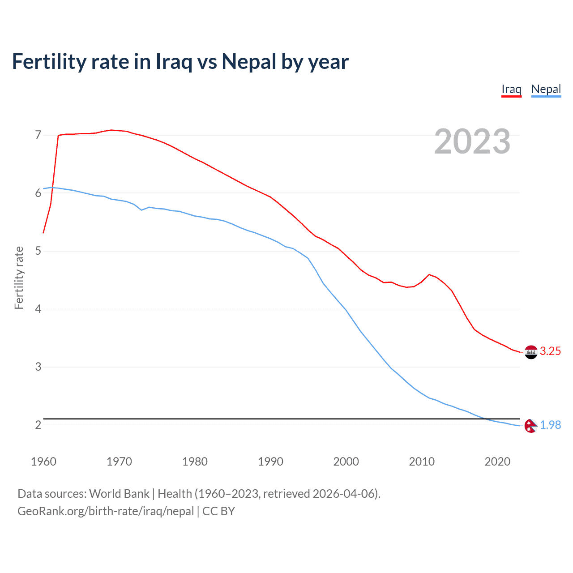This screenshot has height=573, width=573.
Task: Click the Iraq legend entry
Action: (x=511, y=89)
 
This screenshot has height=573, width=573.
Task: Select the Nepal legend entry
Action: (x=546, y=89)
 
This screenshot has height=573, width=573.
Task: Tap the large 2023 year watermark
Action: (x=472, y=141)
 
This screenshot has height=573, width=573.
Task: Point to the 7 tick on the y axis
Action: (x=38, y=135)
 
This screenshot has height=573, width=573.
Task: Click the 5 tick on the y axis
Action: (x=38, y=251)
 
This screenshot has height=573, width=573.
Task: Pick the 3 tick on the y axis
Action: (x=38, y=367)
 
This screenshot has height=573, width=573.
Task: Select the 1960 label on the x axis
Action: (x=43, y=462)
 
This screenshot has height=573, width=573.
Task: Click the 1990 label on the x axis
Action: (x=270, y=462)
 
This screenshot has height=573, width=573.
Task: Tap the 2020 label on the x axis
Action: (x=497, y=462)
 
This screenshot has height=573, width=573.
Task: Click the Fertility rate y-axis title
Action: (x=19, y=278)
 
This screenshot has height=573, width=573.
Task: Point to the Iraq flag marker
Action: (x=531, y=352)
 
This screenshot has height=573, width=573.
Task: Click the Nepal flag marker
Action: (x=531, y=426)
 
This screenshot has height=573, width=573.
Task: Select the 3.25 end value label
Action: (x=550, y=351)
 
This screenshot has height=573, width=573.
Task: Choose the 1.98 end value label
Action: (x=550, y=425)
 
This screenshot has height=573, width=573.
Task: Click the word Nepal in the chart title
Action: (x=248, y=62)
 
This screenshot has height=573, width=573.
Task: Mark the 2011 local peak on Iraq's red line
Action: (x=429, y=274)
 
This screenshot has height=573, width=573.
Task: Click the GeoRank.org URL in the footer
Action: (x=106, y=511)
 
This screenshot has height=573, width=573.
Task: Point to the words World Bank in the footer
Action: (x=119, y=494)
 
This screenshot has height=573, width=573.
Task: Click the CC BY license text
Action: (x=218, y=511)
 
